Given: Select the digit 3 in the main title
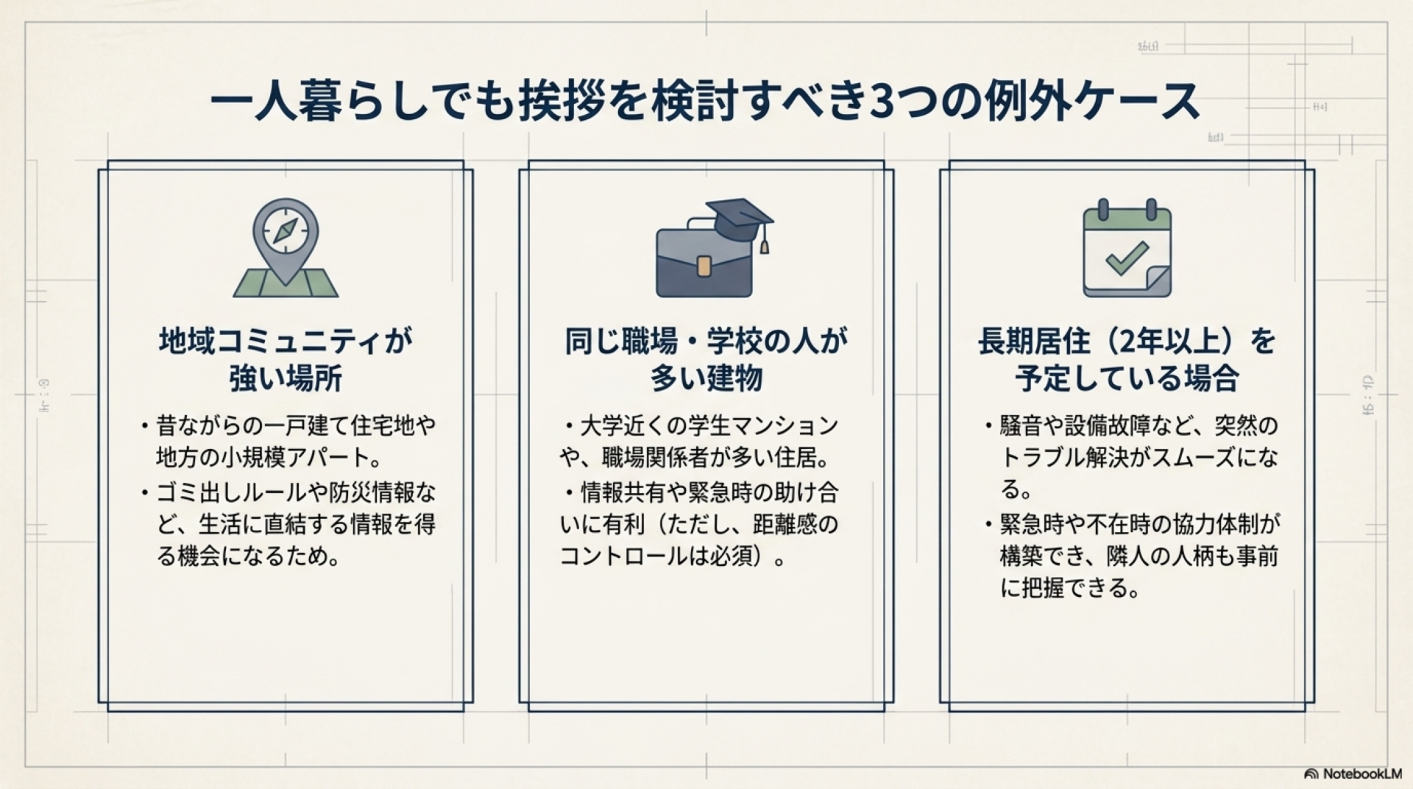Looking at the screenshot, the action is [882, 102].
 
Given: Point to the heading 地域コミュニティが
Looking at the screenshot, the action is [286, 342].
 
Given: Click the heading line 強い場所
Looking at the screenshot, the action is [286, 379].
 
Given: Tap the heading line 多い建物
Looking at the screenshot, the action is [706, 379].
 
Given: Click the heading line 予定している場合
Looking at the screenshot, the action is [1127, 379].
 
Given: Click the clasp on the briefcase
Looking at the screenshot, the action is [704, 266].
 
